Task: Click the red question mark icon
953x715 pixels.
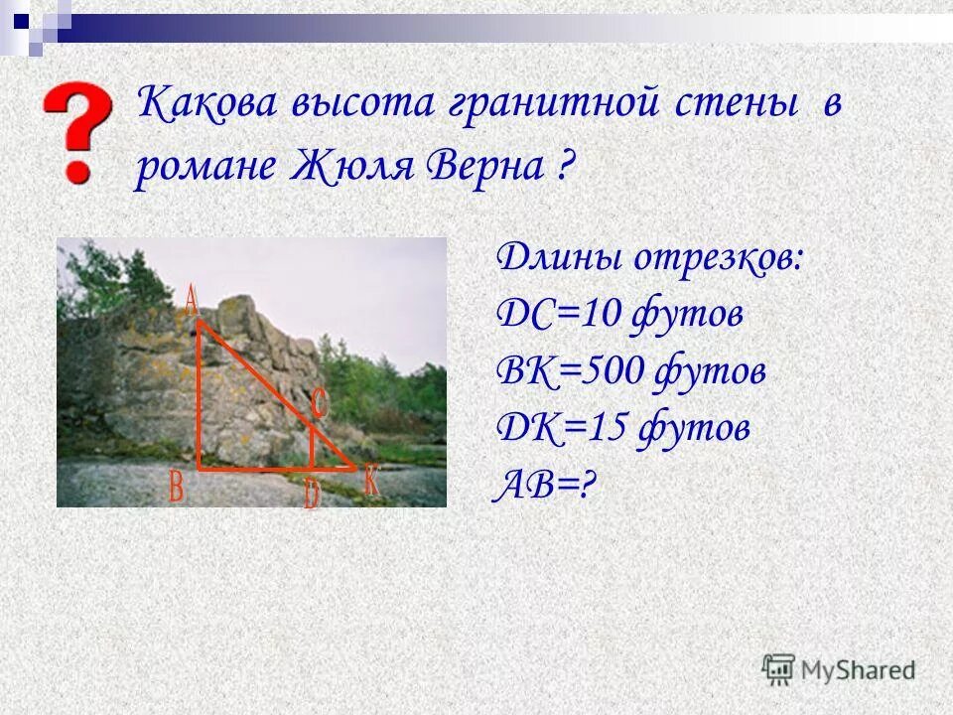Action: point(76,131)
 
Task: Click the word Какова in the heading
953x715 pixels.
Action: point(205,103)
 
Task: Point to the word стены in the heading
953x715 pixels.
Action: point(739,103)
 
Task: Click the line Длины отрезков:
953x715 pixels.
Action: point(650,258)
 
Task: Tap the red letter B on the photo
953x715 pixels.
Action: point(177,487)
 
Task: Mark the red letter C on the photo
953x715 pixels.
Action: point(320,403)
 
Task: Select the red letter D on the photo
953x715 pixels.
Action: point(312,493)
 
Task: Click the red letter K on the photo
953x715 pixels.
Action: point(371,481)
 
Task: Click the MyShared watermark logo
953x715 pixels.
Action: point(839,668)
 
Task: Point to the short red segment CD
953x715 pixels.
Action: point(313,447)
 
